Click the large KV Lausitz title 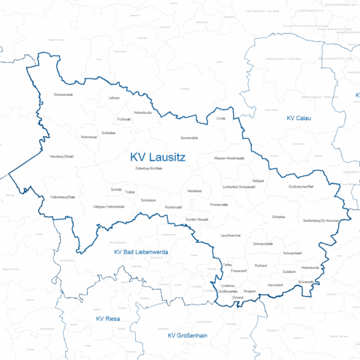click(157, 157)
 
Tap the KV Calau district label click(298, 118)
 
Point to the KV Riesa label click(108, 319)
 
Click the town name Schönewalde click(64, 95)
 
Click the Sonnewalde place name click(190, 138)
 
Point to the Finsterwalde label click(219, 204)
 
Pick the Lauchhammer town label click(231, 235)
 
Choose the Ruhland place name click(261, 266)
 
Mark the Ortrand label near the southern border click(238, 298)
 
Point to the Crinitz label click(220, 118)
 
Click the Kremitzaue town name click(89, 137)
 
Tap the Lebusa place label click(114, 98)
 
